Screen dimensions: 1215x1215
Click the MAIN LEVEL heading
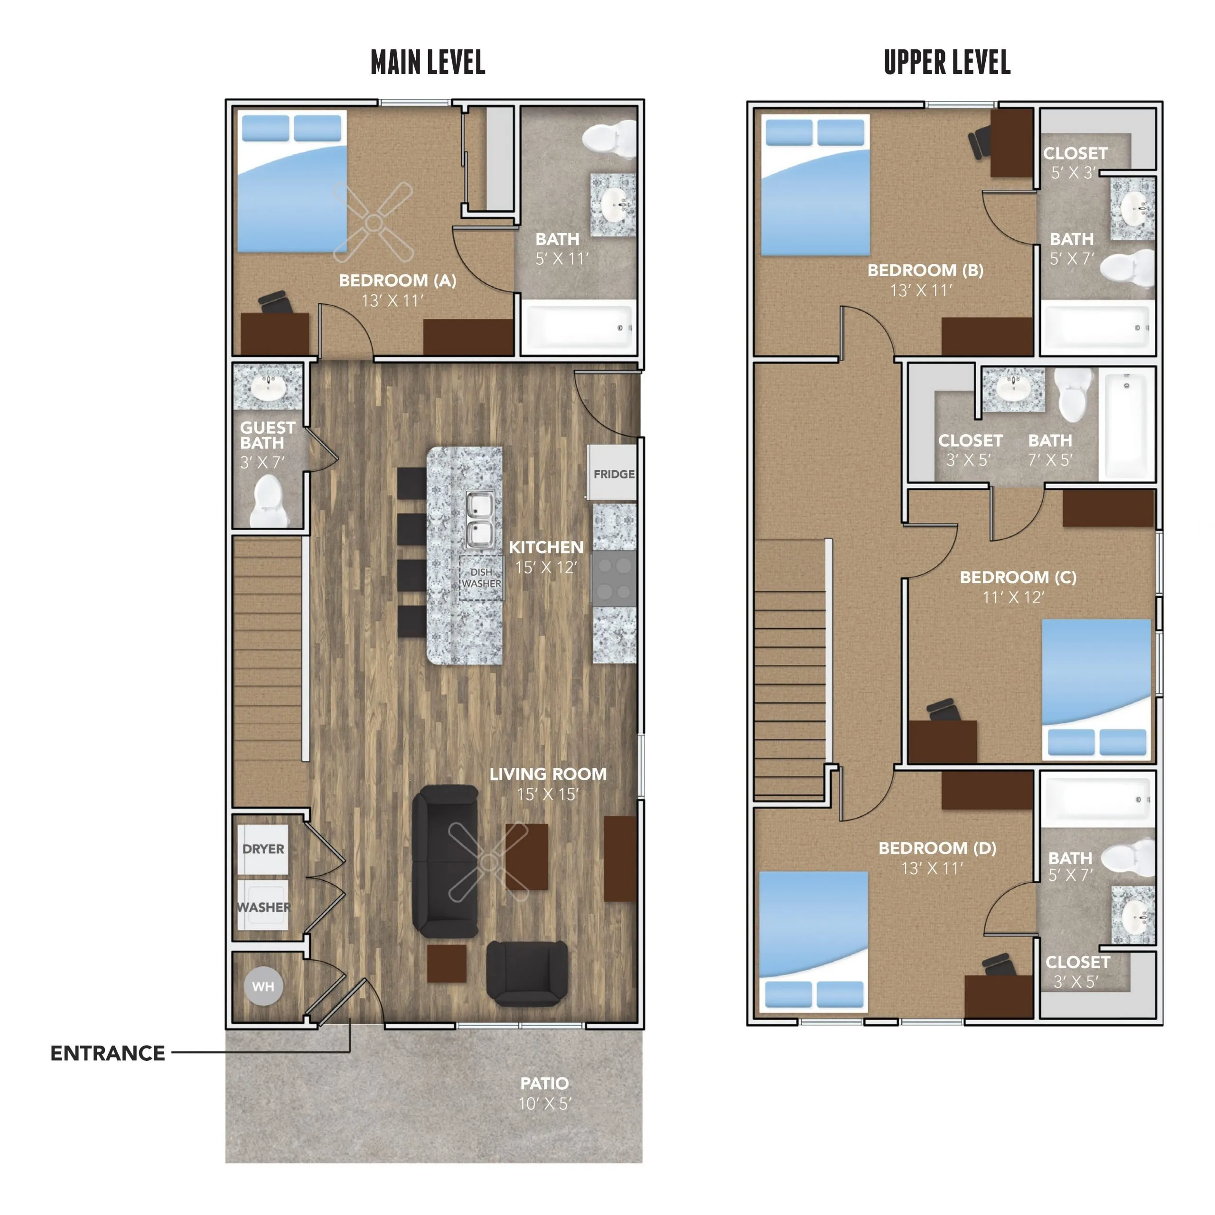[428, 62]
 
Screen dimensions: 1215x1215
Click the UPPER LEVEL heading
[947, 62]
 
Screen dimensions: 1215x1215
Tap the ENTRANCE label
[108, 1053]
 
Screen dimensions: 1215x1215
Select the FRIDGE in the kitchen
[612, 473]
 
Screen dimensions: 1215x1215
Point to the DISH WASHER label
[481, 577]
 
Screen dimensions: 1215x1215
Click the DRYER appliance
[263, 849]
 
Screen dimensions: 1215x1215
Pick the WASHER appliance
[263, 906]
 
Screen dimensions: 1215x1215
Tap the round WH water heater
[263, 986]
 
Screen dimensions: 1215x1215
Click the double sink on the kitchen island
[479, 519]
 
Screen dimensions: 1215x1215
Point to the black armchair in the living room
[527, 973]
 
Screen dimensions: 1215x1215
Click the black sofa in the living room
[445, 861]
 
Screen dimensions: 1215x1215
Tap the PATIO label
[544, 1083]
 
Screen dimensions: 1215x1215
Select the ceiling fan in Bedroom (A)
[374, 222]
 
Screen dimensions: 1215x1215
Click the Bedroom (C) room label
[1018, 577]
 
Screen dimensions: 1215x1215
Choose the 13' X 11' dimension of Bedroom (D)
[932, 869]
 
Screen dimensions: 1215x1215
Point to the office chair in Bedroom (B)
[979, 142]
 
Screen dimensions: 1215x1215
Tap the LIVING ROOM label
[548, 774]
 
